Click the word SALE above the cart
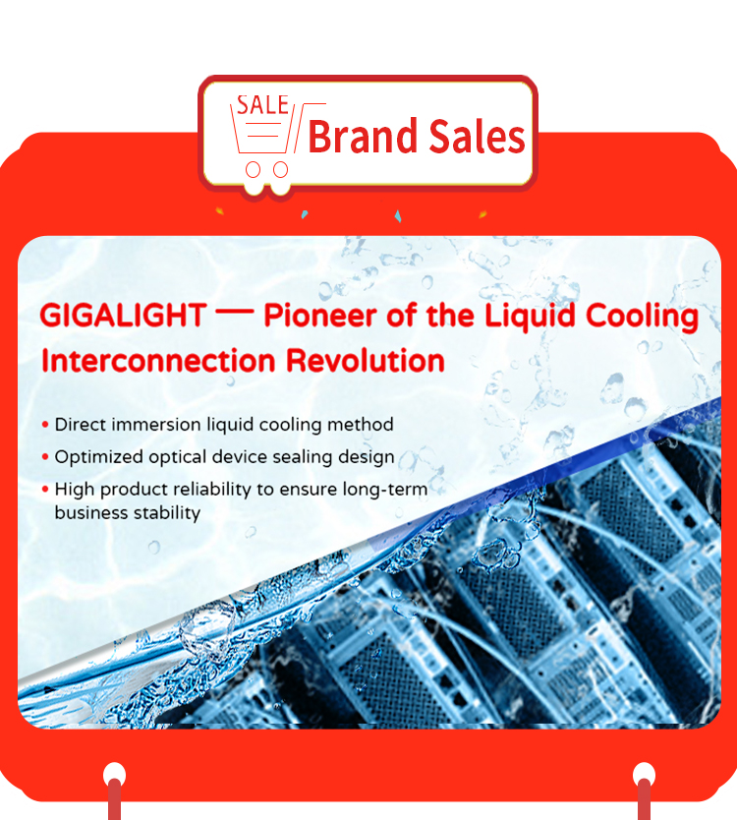263,105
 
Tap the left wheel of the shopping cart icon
253,169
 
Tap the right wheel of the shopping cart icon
281,169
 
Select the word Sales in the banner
477,136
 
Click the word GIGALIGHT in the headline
123,316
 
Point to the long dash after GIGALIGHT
235,313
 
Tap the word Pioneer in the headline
320,316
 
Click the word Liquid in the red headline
530,317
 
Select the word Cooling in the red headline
642,317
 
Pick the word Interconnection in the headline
158,361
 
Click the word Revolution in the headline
366,361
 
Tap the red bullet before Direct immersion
45,425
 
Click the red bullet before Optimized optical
45,457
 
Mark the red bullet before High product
45,490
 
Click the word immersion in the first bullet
156,424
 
